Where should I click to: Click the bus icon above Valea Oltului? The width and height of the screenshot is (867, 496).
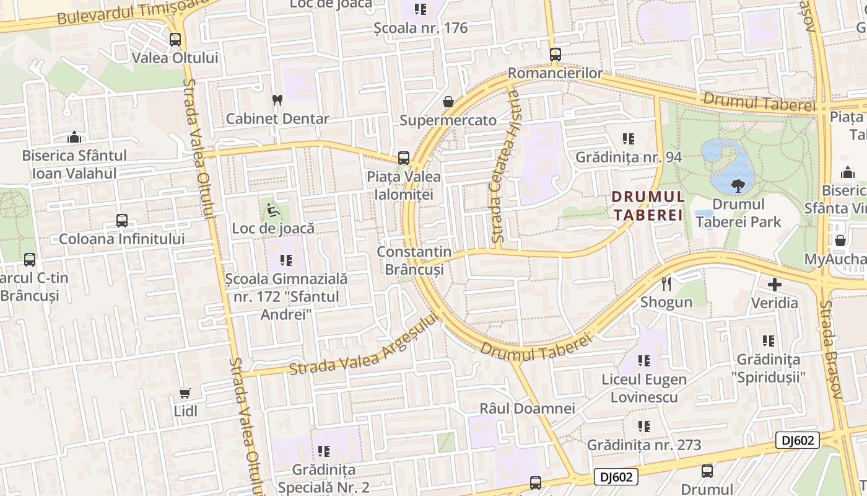175,40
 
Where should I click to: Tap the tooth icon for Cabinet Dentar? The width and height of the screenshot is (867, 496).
277,100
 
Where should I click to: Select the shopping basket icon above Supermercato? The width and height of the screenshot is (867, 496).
448,102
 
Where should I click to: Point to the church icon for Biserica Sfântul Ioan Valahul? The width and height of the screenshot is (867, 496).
74,137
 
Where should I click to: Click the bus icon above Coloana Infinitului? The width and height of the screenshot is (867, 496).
122,221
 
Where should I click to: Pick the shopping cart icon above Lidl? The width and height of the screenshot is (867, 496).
185,393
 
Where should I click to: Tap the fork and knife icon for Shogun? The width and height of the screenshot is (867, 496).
666,284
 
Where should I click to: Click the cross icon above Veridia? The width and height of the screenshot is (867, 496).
774,285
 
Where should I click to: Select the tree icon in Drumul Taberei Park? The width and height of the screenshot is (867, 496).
738,185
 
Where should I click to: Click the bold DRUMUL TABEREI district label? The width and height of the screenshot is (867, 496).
648,206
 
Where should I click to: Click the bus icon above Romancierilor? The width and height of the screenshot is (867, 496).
555,55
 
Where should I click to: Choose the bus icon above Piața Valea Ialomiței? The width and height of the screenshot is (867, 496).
404,158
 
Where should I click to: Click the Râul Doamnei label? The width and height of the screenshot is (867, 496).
528,409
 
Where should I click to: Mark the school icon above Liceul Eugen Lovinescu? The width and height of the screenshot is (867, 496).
644,360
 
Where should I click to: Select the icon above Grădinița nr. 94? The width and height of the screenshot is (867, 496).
629,138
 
